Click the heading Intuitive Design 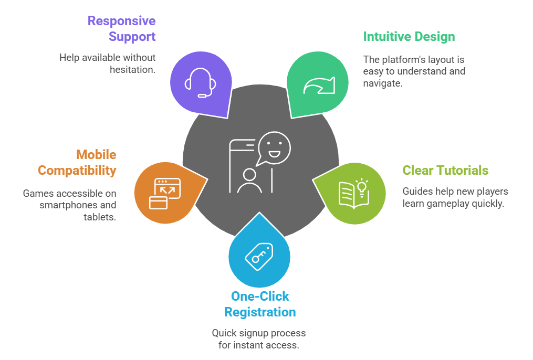pyautogui.click(x=409, y=37)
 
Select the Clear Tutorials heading pyautogui.click(x=445, y=171)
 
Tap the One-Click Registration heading pyautogui.click(x=260, y=304)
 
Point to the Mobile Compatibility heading pyautogui.click(x=77, y=163)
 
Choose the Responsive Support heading pyautogui.click(x=121, y=29)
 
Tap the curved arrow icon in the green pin pyautogui.click(x=319, y=85)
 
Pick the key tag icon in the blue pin pyautogui.click(x=259, y=257)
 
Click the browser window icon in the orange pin pyautogui.click(x=164, y=193)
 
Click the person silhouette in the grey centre pyautogui.click(x=249, y=181)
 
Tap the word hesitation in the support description pyautogui.click(x=132, y=69)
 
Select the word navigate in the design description pyautogui.click(x=383, y=83)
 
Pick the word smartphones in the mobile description pyautogui.click(x=70, y=205)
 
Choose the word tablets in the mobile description pyautogui.click(x=100, y=217)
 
